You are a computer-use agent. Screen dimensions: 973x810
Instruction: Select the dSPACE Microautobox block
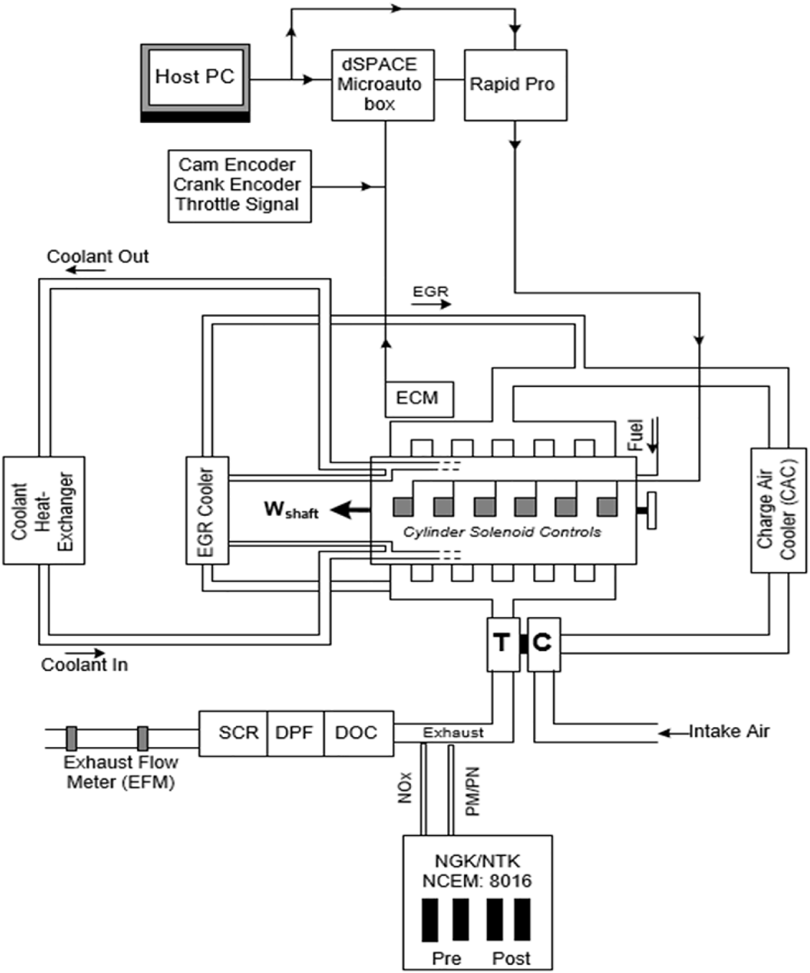(x=383, y=85)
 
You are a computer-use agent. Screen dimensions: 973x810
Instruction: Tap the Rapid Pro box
(x=515, y=85)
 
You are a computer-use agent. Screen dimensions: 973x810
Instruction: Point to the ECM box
(x=419, y=399)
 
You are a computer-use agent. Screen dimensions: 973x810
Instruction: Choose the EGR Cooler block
(x=207, y=510)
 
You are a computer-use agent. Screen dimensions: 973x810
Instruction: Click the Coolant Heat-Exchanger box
(x=44, y=510)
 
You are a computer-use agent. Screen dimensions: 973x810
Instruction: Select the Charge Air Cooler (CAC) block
(x=778, y=510)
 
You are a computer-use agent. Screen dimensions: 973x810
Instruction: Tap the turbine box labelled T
(x=503, y=644)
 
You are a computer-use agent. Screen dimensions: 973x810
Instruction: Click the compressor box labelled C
(x=543, y=644)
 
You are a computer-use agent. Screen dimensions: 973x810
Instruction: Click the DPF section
(x=295, y=733)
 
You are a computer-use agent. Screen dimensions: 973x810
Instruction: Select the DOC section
(x=357, y=733)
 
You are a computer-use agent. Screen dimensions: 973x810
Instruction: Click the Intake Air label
(x=728, y=731)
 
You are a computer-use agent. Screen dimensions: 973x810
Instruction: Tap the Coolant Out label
(x=97, y=256)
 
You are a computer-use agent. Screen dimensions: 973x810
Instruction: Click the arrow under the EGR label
(x=431, y=304)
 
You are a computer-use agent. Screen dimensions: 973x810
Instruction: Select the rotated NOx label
(x=406, y=787)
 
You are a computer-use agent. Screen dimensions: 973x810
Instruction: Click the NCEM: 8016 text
(x=477, y=881)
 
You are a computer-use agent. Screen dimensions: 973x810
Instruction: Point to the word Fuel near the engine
(x=636, y=435)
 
